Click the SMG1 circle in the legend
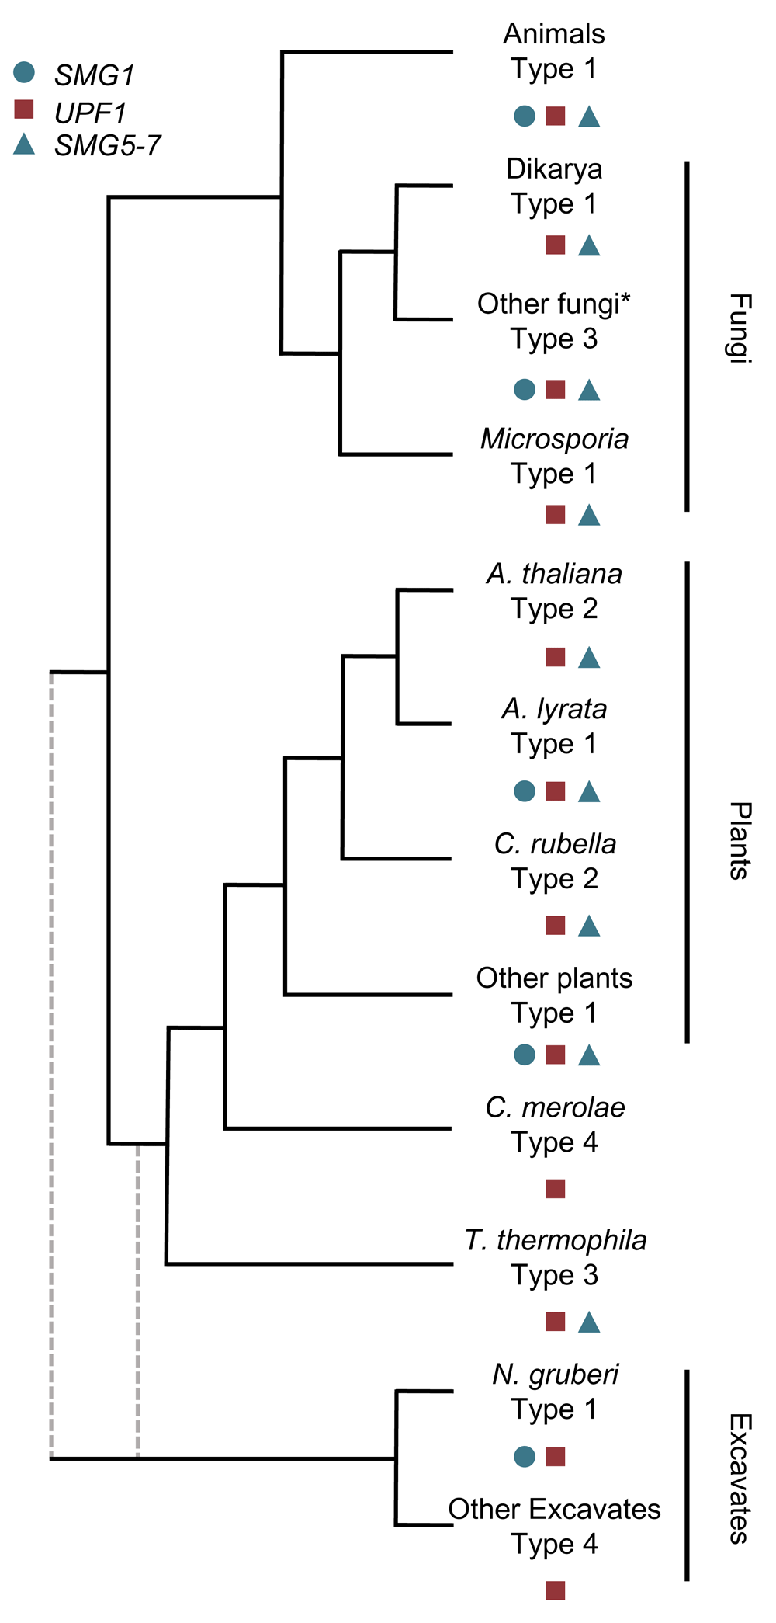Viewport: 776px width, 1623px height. click(24, 72)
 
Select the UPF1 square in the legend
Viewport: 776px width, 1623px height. click(24, 109)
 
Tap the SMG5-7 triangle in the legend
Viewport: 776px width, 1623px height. click(24, 144)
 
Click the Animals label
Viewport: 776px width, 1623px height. click(553, 34)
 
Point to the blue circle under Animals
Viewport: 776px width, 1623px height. click(525, 116)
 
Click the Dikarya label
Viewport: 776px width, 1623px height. click(553, 169)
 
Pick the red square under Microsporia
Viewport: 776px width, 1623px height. click(556, 514)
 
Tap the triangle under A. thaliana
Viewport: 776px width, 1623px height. click(589, 659)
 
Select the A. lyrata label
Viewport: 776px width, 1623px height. click(554, 709)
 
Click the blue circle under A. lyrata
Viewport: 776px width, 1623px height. click(525, 791)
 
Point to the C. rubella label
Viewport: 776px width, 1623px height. click(555, 844)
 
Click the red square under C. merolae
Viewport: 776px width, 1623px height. click(556, 1189)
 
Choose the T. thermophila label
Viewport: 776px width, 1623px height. click(556, 1240)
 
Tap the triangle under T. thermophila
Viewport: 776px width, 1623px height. click(589, 1322)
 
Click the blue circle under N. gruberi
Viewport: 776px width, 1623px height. click(525, 1457)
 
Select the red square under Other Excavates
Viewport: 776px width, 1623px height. click(556, 1590)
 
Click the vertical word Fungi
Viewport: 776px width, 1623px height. click(740, 328)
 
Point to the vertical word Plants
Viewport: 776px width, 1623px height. click(740, 841)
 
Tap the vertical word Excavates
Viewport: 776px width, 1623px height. click(740, 1479)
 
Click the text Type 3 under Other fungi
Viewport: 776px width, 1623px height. click(554, 339)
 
